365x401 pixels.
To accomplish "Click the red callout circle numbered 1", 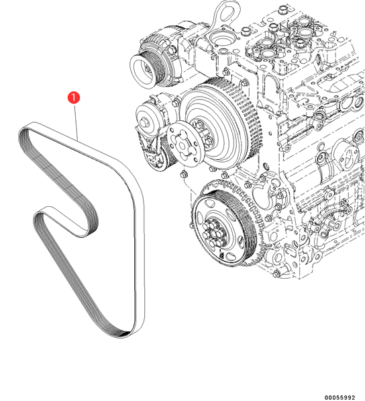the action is point(74,97).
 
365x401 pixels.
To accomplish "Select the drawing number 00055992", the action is point(340,397).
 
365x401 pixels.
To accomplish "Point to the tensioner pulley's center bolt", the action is point(144,121).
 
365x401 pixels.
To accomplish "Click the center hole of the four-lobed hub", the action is point(182,146).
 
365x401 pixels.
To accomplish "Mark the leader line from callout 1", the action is point(76,122).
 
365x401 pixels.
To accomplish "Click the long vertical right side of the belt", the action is point(140,256).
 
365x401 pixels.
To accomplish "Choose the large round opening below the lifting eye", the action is point(220,38).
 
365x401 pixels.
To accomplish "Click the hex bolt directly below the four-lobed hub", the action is point(184,175).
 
